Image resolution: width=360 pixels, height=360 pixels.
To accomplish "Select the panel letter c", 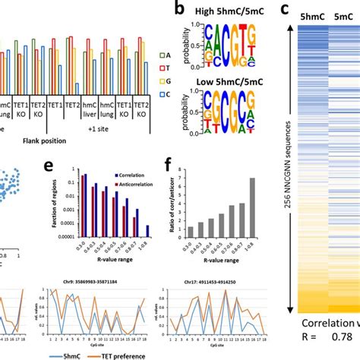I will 284,11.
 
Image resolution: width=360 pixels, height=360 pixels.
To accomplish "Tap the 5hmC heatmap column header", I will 311,15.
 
